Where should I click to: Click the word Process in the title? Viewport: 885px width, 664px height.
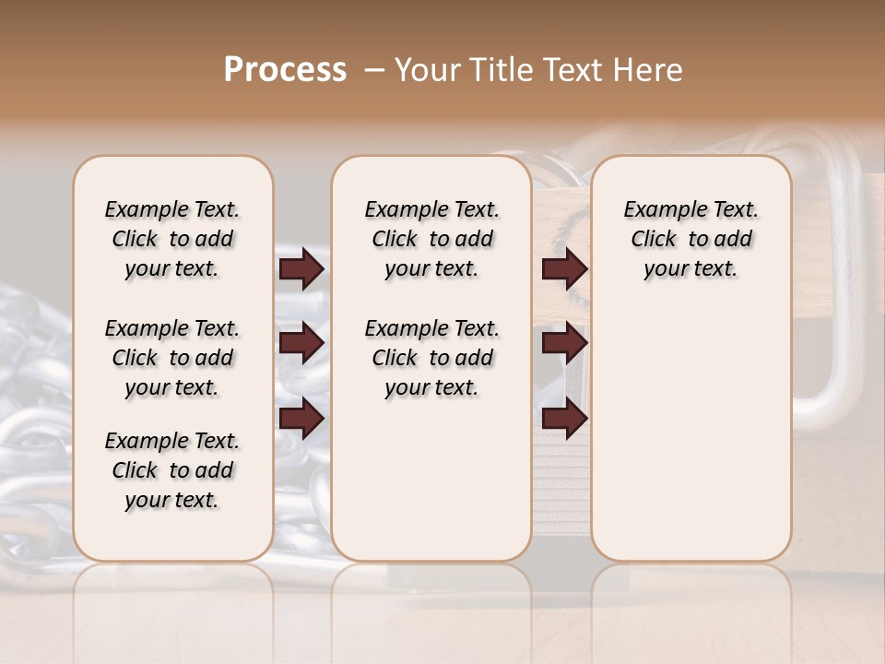pyautogui.click(x=285, y=70)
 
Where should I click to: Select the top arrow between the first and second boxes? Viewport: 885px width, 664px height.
pyautogui.click(x=301, y=269)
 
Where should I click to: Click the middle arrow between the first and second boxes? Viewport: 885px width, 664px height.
pyautogui.click(x=301, y=343)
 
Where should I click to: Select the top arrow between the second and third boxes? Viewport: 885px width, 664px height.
pyautogui.click(x=564, y=269)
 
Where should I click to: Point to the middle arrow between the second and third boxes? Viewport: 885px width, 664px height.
pyautogui.click(x=564, y=343)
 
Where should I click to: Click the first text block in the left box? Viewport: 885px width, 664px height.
pyautogui.click(x=172, y=239)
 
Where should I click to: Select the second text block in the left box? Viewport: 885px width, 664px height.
pyautogui.click(x=172, y=358)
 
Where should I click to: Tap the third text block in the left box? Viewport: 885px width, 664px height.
pyautogui.click(x=172, y=470)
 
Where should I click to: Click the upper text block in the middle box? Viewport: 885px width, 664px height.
pyautogui.click(x=431, y=239)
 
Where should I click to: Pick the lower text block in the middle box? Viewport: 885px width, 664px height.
pyautogui.click(x=431, y=358)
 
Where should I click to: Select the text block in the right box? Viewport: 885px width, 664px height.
pyautogui.click(x=691, y=239)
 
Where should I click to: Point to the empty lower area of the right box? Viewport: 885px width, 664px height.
pyautogui.click(x=691, y=433)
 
